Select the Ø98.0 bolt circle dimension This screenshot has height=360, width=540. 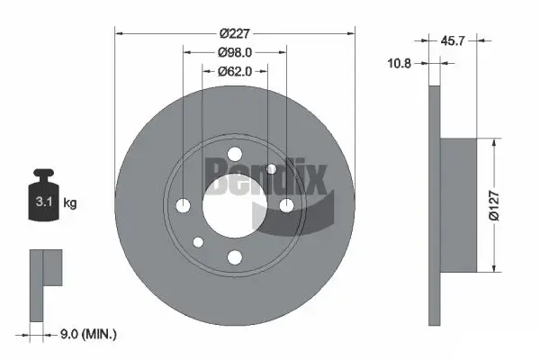235,53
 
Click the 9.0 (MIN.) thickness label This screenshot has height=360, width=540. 85,334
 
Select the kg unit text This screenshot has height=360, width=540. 70,204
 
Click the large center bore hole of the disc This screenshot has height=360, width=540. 235,206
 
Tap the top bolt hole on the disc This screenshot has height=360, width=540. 235,154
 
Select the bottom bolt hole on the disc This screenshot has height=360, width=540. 235,258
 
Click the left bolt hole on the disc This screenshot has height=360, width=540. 183,206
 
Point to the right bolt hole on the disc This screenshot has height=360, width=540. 287,206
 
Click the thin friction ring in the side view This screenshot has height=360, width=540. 435,205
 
